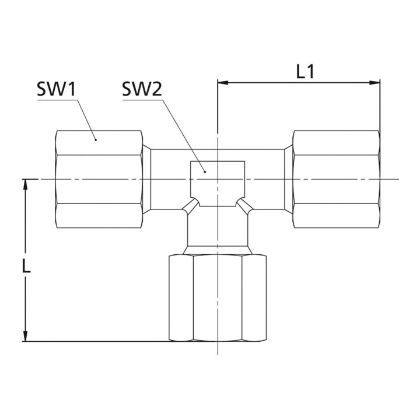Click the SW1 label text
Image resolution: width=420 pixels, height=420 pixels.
pyautogui.click(x=57, y=89)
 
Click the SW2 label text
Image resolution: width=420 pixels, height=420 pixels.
pyautogui.click(x=142, y=89)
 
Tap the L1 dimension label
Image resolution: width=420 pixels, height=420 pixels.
pyautogui.click(x=305, y=72)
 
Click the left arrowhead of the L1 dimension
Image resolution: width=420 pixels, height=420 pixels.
pyautogui.click(x=223, y=82)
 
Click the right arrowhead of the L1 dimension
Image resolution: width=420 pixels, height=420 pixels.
pyautogui.click(x=374, y=82)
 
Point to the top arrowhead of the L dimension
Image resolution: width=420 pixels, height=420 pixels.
pyautogui.click(x=26, y=184)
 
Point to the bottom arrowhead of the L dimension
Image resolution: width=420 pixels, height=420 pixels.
pyautogui.click(x=26, y=336)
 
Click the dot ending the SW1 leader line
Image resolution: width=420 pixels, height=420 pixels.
pyautogui.click(x=96, y=139)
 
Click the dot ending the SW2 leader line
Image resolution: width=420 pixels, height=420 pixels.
pyautogui.click(x=205, y=171)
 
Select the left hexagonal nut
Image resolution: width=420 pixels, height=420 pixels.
pyautogui.click(x=99, y=179)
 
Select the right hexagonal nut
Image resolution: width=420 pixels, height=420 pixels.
pyautogui.click(x=337, y=179)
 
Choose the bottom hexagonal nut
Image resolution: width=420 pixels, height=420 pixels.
pyautogui.click(x=218, y=298)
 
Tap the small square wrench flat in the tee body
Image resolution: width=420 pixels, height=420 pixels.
pyautogui.click(x=218, y=184)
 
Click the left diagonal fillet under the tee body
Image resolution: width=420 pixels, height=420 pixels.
pyautogui.click(x=191, y=206)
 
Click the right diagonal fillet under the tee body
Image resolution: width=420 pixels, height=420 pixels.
pyautogui.click(x=245, y=206)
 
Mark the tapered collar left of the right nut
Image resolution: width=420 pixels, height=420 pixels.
pyautogui.click(x=289, y=179)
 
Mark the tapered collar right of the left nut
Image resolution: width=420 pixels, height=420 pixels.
pyautogui.click(x=146, y=179)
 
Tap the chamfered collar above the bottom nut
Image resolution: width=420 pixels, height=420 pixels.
pyautogui.click(x=218, y=250)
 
